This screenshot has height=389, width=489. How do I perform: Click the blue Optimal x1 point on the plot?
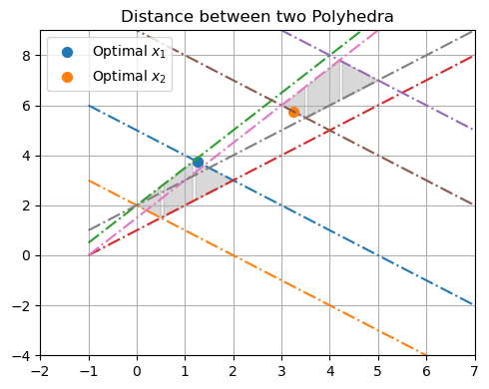tap(198, 162)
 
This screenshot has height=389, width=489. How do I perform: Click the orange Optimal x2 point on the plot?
tap(293, 112)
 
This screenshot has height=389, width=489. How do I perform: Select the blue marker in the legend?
tap(67, 51)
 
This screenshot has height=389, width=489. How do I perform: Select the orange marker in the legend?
tap(67, 76)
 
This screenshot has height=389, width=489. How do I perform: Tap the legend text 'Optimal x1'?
tap(127, 51)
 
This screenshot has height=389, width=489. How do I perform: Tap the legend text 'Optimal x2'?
tap(127, 76)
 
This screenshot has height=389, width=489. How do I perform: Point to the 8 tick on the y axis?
tap(27, 56)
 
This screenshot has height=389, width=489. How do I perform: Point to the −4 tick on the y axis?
tap(23, 355)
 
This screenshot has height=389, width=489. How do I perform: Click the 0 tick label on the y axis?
tap(27, 255)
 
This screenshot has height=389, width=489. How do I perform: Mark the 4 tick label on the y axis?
tap(27, 156)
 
